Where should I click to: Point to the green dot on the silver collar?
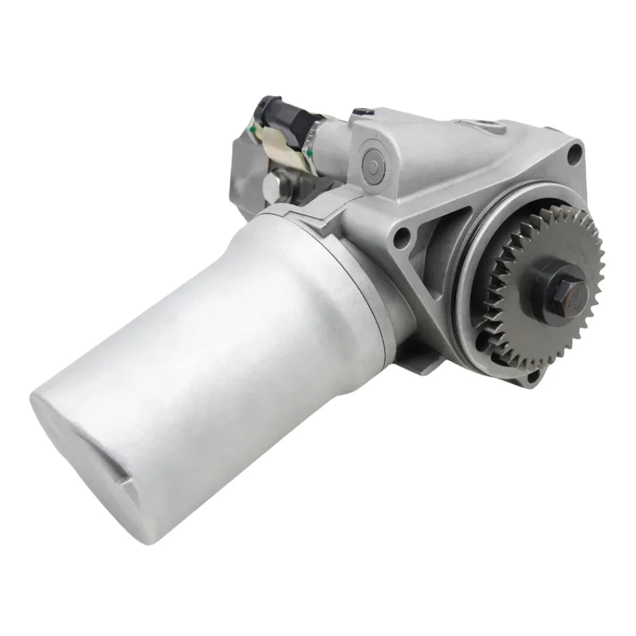tap(310, 153)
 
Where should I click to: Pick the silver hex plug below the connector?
tap(273, 186)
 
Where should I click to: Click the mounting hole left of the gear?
tap(401, 239)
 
